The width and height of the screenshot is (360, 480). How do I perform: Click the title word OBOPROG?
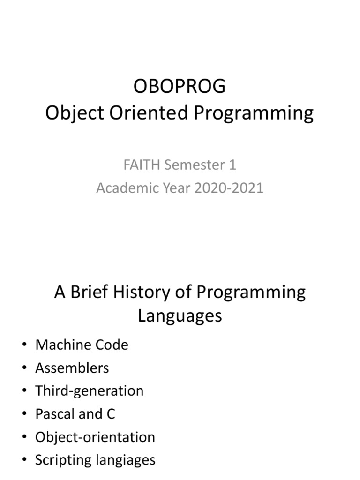[180, 87]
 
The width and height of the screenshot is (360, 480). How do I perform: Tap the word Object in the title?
[72, 114]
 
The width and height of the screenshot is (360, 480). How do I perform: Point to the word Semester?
[186, 165]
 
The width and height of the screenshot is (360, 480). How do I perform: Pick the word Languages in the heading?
[180, 316]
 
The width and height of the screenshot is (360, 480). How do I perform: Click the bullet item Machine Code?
[82, 345]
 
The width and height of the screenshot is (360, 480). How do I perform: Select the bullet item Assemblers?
[72, 368]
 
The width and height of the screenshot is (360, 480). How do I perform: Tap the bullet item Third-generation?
[89, 391]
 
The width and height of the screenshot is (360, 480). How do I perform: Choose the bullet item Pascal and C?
[75, 414]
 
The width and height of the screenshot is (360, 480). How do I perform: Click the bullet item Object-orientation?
[95, 437]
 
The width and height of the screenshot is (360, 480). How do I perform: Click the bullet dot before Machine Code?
[24, 345]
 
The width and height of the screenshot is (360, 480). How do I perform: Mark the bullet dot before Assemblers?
[24, 368]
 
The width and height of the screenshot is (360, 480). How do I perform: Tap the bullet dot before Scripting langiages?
[24, 460]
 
